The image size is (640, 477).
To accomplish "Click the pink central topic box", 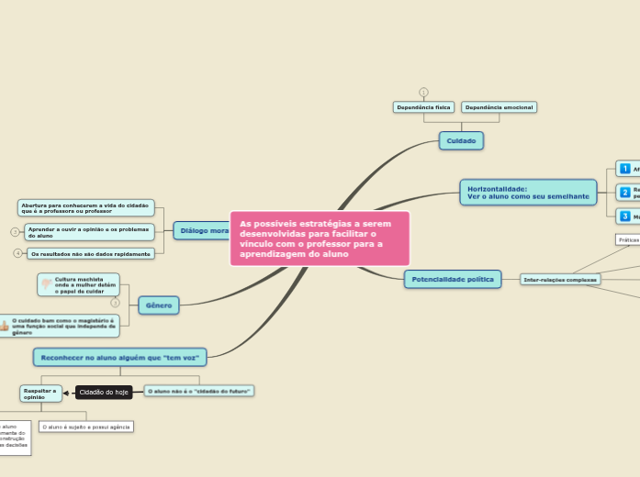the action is [x=320, y=238].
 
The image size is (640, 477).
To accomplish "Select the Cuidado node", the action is [x=461, y=140].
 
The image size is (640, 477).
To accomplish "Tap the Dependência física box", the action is [x=423, y=107].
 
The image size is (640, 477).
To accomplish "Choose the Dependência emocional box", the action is [x=499, y=107].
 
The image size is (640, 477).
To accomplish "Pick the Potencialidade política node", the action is [x=453, y=279].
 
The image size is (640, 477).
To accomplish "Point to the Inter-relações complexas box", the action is [x=560, y=279].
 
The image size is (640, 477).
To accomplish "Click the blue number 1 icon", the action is [x=625, y=169].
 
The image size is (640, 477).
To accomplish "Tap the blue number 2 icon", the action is [x=625, y=193].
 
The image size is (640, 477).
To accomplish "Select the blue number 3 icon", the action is [x=625, y=216].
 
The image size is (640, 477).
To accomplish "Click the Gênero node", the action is [x=158, y=305].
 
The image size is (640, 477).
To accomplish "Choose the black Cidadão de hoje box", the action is [x=104, y=392].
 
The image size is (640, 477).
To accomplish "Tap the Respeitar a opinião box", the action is [x=41, y=394].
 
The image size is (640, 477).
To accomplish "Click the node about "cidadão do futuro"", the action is [x=199, y=391].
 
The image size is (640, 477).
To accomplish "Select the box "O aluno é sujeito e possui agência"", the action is [x=86, y=427].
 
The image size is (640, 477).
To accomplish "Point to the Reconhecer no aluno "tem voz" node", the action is [x=119, y=356].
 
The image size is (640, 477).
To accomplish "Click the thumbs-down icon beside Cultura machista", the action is [x=47, y=285].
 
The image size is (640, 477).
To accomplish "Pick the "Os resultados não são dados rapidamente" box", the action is [x=90, y=253].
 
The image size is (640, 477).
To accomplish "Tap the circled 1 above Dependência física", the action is [x=423, y=92].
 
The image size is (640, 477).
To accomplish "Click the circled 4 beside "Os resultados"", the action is [x=17, y=253].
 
